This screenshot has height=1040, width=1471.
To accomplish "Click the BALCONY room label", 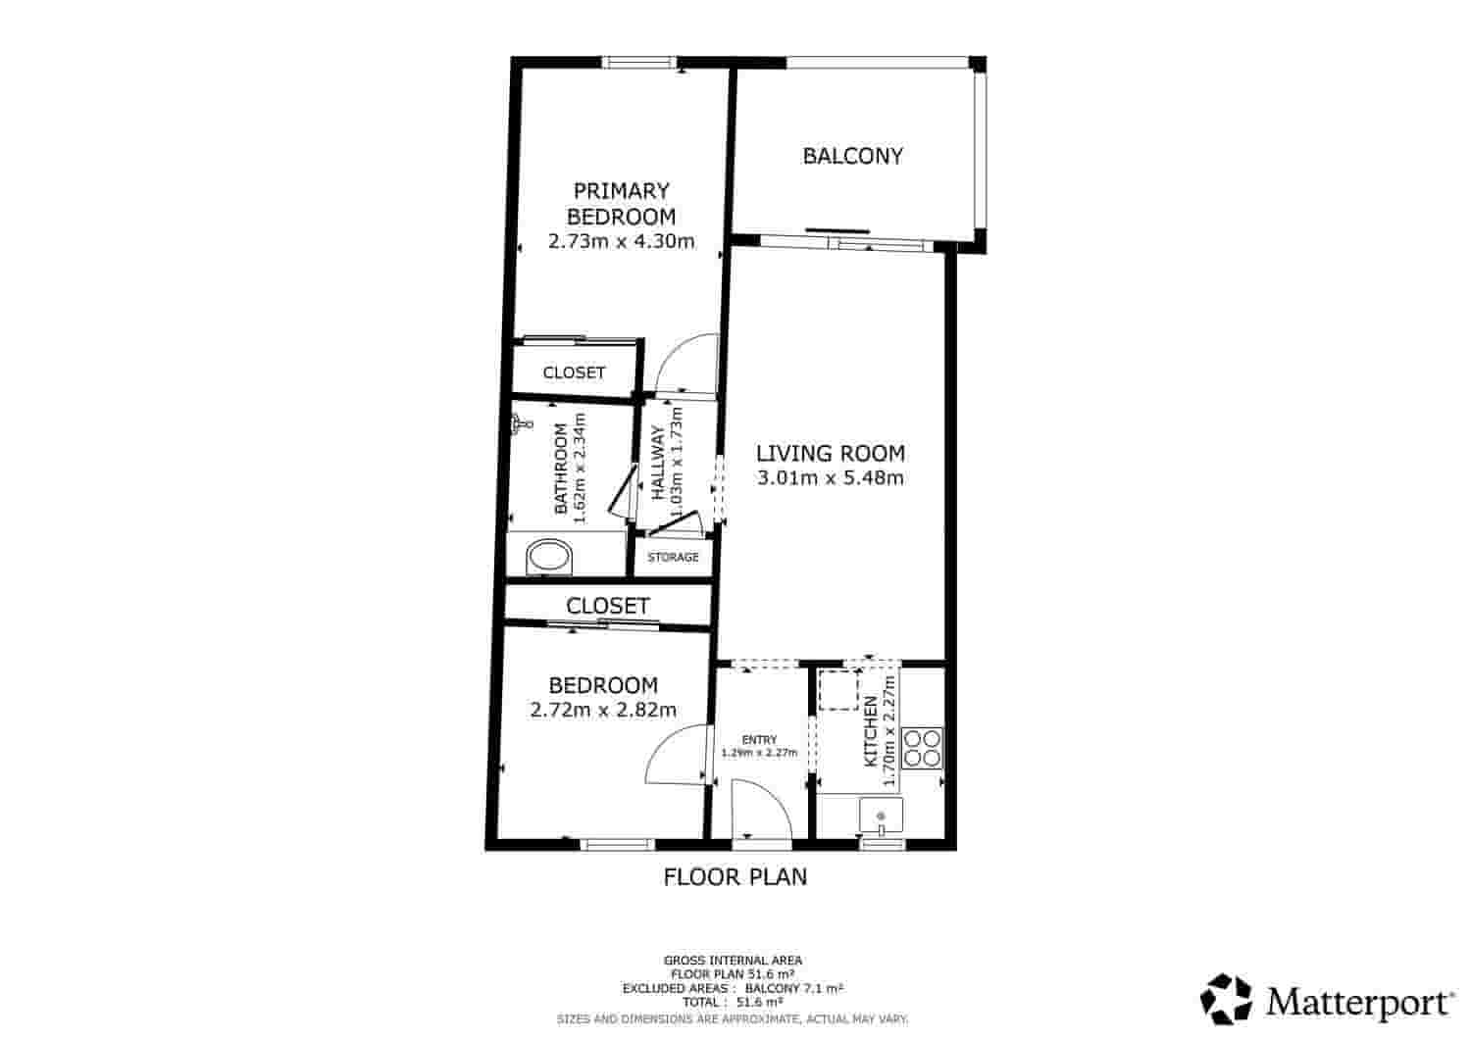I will pos(852,156).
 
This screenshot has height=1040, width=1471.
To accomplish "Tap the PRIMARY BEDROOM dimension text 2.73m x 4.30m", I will pos(621,241).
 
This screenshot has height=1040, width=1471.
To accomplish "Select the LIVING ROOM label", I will pos(830,453).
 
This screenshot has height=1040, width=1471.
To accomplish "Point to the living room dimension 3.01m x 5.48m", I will pos(830,478).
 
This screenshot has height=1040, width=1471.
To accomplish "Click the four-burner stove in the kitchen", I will pos(922,747).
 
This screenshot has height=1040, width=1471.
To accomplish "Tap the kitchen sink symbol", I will pos(881,816).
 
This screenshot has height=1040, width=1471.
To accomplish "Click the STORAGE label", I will pos(673,558).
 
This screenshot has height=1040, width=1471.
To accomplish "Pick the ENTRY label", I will pos(759,740).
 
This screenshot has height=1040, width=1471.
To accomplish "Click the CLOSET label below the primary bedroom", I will pos(574,372).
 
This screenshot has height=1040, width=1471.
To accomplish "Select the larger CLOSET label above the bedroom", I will pos(607,606).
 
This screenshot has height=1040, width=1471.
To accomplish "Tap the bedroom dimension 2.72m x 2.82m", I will pos(602,710).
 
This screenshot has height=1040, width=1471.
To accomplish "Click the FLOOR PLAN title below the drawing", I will pos(735,876).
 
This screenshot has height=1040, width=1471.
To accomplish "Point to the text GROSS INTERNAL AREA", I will pos(733,961).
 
